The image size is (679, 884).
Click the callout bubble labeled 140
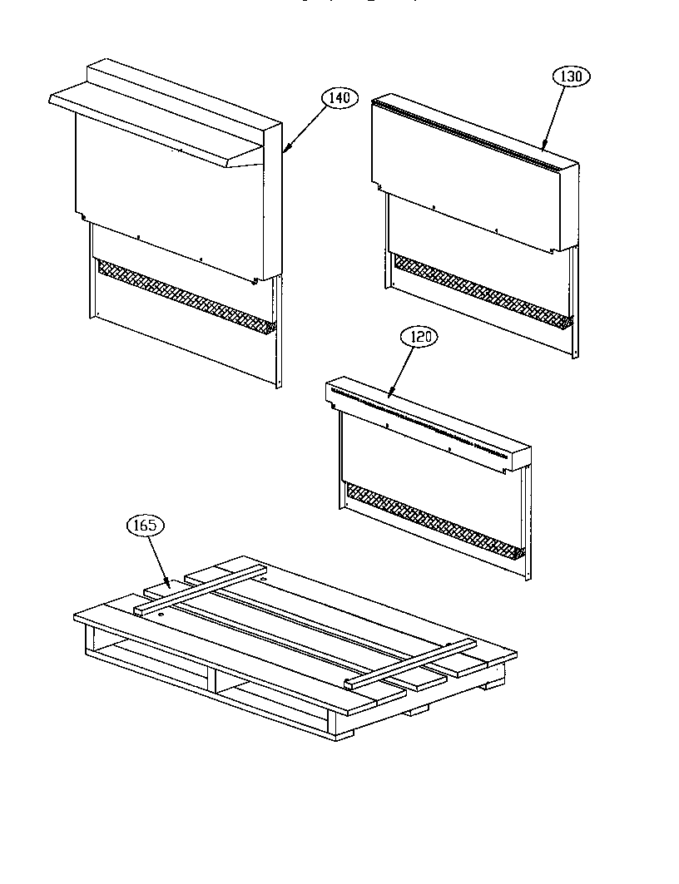tap(339, 98)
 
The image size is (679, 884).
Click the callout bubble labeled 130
tap(571, 77)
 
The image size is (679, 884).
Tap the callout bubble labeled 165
tap(145, 526)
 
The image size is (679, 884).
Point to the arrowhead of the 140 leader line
tap(284, 152)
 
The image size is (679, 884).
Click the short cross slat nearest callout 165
tap(200, 591)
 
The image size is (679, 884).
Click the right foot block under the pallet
tap(496, 680)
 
